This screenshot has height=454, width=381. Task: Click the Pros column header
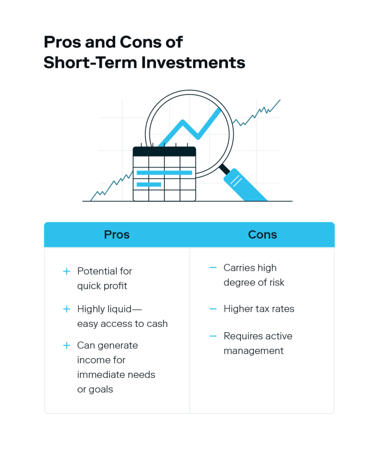coord(117,235)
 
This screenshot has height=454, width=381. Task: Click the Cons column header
coord(263,235)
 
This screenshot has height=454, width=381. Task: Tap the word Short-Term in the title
coord(90,63)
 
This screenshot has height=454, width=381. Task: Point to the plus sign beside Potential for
coord(67,271)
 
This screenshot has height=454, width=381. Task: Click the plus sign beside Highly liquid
coord(67,309)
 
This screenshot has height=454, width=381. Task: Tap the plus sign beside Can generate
coord(67,345)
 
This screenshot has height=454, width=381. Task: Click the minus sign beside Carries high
coord(213,267)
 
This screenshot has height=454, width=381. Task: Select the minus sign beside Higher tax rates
coord(213,309)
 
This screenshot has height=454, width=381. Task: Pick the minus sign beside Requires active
coord(213,336)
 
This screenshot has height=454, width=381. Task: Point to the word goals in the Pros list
coord(101,390)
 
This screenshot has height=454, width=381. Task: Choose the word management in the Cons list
coord(254,351)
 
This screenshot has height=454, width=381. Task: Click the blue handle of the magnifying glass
coord(245,185)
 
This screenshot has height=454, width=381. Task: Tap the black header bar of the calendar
coord(164,152)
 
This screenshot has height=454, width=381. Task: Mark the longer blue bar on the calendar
coord(164,173)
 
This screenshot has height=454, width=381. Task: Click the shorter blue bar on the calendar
coord(149,184)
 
